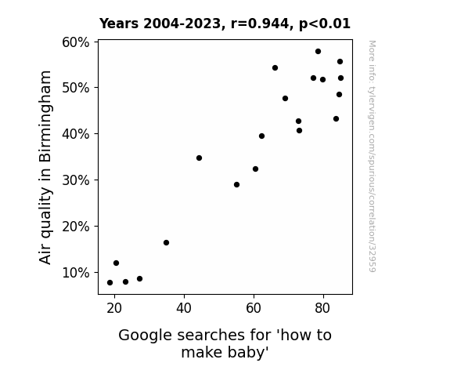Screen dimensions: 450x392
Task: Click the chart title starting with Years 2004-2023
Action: pyautogui.click(x=225, y=24)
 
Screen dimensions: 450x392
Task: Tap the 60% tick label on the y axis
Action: pyautogui.click(x=75, y=42)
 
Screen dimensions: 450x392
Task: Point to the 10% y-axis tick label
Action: pyautogui.click(x=75, y=273)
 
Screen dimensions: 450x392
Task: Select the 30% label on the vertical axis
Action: pyautogui.click(x=75, y=180)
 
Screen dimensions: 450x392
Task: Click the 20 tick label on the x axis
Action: pyautogui.click(x=114, y=308)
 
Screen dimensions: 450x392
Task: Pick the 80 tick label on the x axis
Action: pyautogui.click(x=322, y=308)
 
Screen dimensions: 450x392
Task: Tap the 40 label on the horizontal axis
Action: pyautogui.click(x=184, y=308)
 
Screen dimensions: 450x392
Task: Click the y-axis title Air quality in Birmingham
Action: pyautogui.click(x=45, y=167)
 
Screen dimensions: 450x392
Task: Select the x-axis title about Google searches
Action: pyautogui.click(x=225, y=343)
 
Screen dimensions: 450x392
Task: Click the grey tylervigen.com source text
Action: pyautogui.click(x=372, y=156)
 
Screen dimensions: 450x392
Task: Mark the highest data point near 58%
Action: pyautogui.click(x=318, y=52)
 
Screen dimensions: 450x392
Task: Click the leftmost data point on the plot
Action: pyautogui.click(x=110, y=283)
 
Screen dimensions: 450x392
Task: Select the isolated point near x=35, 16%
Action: pyautogui.click(x=166, y=243)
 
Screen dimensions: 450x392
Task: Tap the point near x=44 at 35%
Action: pyautogui.click(x=199, y=158)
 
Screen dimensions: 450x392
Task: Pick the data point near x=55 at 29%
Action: pyautogui.click(x=237, y=185)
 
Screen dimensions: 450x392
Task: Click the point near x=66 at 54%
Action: pyautogui.click(x=275, y=68)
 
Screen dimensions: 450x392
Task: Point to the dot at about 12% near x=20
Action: pyautogui.click(x=117, y=263)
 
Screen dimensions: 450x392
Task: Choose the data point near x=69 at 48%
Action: pyautogui.click(x=285, y=98)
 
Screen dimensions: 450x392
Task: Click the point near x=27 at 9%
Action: pyautogui.click(x=140, y=278)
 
